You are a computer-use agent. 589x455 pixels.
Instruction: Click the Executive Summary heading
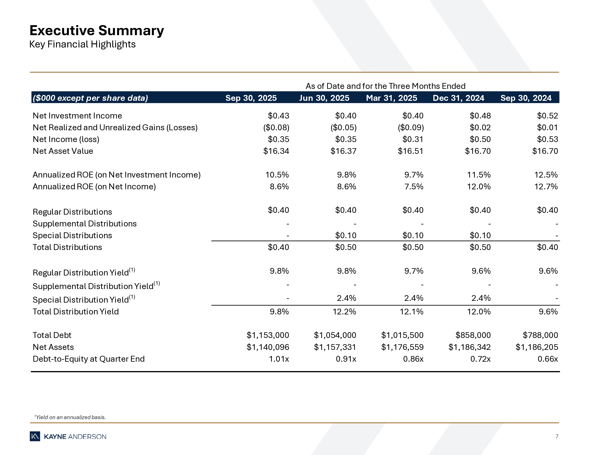[97, 31]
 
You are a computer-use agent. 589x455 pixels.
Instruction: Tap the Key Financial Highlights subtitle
[82, 44]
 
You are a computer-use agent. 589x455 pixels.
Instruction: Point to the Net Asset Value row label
[63, 151]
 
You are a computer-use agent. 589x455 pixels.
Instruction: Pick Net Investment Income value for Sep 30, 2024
[547, 116]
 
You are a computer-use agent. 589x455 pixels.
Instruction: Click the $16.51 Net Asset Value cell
[411, 151]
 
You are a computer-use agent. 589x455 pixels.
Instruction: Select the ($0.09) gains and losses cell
[411, 128]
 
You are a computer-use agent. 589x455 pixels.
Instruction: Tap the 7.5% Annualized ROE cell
[414, 186]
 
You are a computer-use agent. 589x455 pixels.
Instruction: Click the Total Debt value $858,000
[473, 335]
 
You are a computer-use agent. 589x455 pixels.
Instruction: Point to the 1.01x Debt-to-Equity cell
[279, 359]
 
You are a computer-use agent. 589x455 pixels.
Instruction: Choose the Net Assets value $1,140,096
[268, 347]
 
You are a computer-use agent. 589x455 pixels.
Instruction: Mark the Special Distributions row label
[72, 235]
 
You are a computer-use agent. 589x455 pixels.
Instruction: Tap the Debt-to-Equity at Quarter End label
[89, 359]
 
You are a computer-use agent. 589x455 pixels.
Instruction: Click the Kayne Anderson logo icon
[35, 436]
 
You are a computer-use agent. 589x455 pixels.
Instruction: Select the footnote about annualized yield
[70, 417]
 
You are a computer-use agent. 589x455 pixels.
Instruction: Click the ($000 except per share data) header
[90, 98]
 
